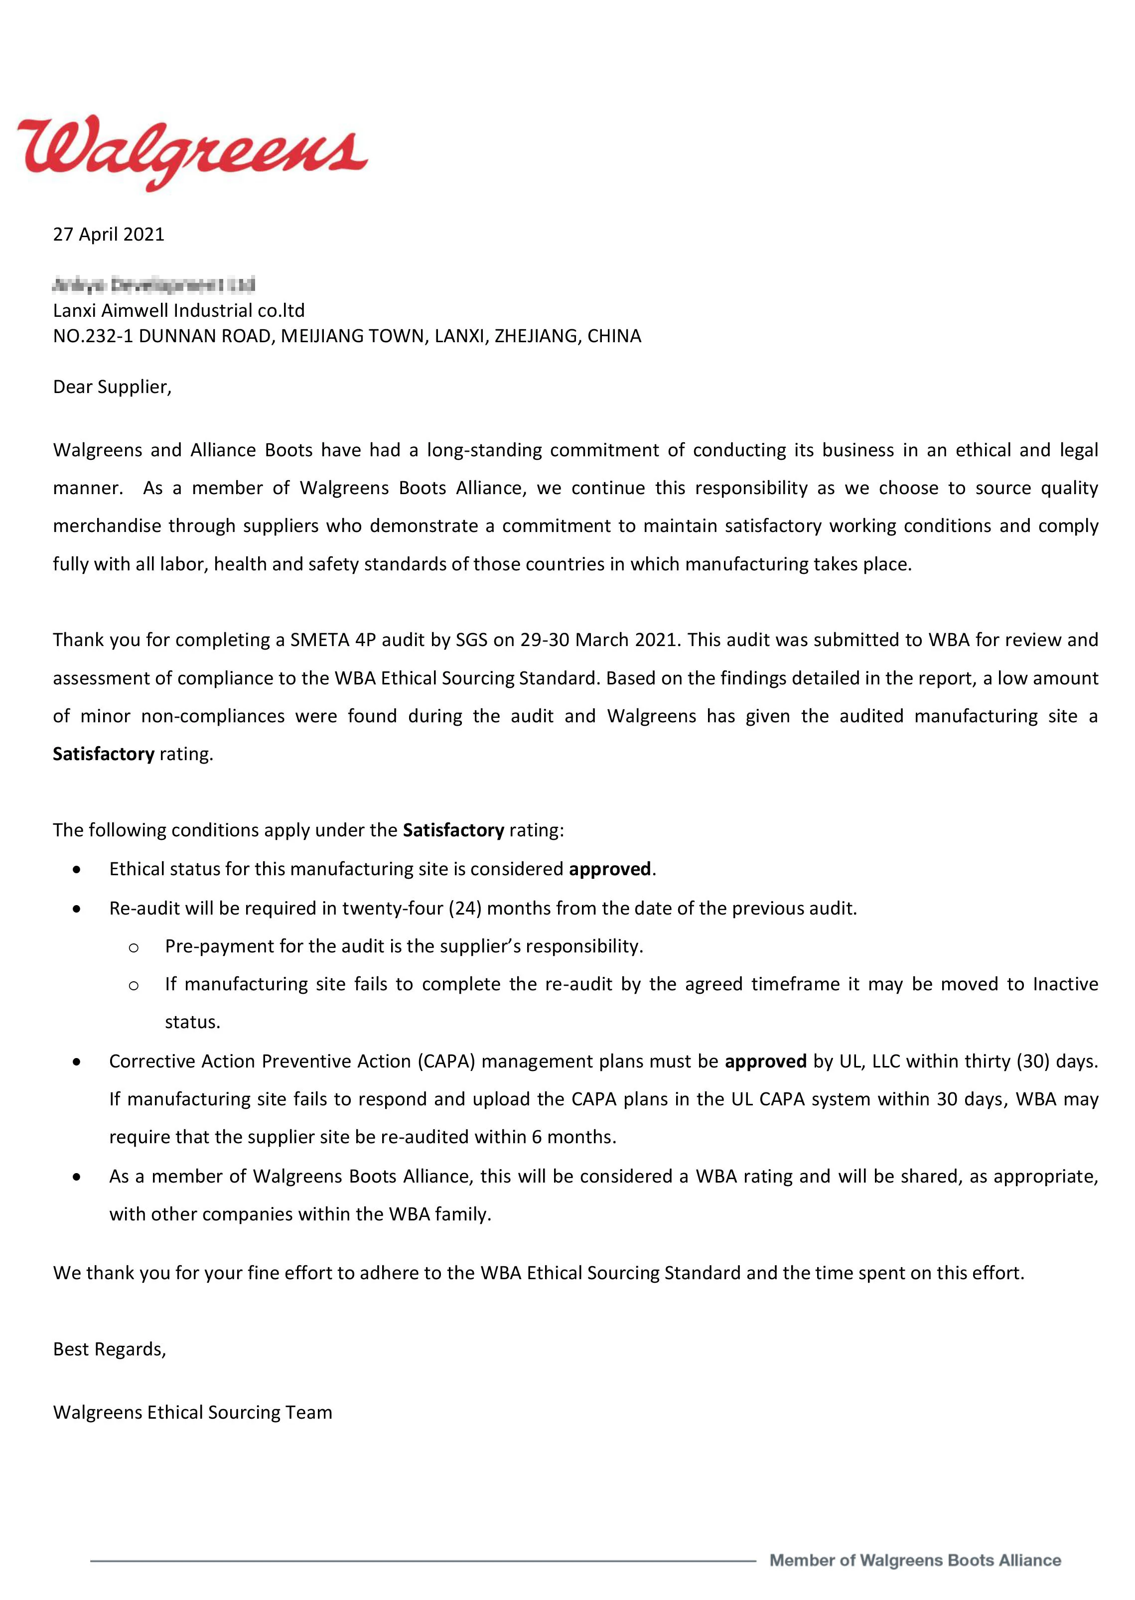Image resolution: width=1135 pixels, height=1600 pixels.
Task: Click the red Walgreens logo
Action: [x=192, y=152]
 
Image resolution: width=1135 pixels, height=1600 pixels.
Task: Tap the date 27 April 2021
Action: [x=108, y=234]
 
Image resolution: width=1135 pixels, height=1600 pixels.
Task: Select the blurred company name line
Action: [x=154, y=284]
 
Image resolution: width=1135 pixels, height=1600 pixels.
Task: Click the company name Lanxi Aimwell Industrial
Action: [x=179, y=310]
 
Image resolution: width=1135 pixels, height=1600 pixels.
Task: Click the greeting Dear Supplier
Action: [x=112, y=387]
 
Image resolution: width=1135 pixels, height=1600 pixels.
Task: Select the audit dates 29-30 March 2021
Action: [x=599, y=640]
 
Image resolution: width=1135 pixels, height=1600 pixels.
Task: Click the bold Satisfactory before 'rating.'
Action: [x=104, y=754]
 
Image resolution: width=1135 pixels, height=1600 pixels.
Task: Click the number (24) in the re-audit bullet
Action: [x=465, y=908]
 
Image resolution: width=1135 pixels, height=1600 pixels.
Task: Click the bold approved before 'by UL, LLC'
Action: [x=765, y=1062]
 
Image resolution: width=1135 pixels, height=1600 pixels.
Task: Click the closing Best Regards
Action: [x=110, y=1349]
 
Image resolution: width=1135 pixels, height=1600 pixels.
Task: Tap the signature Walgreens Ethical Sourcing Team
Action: [x=192, y=1412]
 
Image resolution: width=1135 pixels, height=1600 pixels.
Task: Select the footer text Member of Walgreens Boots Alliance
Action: [x=915, y=1561]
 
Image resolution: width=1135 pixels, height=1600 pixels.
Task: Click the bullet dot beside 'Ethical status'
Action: [x=77, y=870]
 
